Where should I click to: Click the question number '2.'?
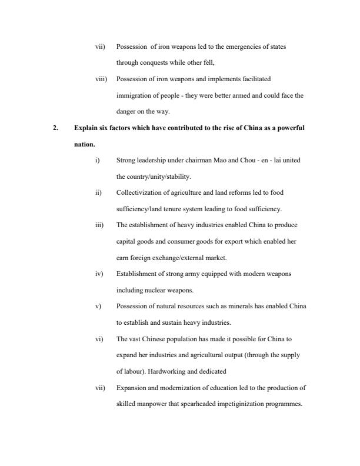[x=56, y=127]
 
